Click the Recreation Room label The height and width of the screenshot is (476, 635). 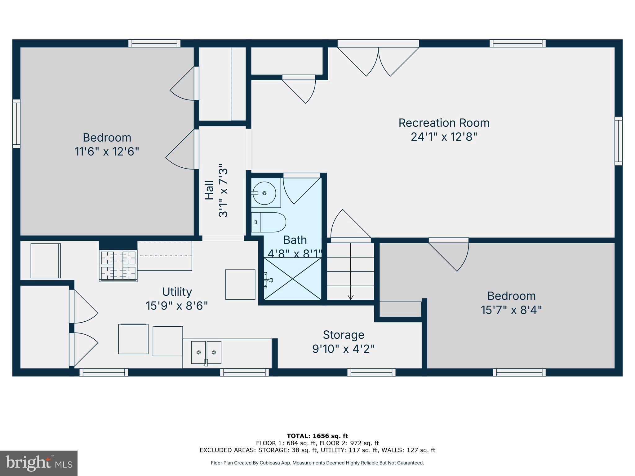pos(444,123)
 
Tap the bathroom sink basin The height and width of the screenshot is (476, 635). pos(264,193)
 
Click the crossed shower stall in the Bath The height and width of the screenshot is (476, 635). pos(292,279)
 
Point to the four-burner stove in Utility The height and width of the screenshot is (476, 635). pos(118,266)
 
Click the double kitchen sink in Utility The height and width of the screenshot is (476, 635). pos(206,352)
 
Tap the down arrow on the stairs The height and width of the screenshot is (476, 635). pos(350,297)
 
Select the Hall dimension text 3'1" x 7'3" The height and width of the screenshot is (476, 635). pos(223,190)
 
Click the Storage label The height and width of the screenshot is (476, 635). pos(343,335)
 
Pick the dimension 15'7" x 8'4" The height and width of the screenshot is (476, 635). pos(511,310)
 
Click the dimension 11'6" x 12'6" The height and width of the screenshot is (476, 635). pos(107,152)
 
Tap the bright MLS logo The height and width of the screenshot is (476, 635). pos(38,463)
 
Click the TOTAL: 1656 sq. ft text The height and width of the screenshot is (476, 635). pos(317,436)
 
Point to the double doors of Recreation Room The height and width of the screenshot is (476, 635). pos(378,60)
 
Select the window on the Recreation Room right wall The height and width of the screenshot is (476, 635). pos(618,141)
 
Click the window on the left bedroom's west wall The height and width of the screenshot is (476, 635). pos(16,124)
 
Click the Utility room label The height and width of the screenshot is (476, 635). pos(177,292)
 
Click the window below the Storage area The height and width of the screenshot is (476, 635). pos(371,372)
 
